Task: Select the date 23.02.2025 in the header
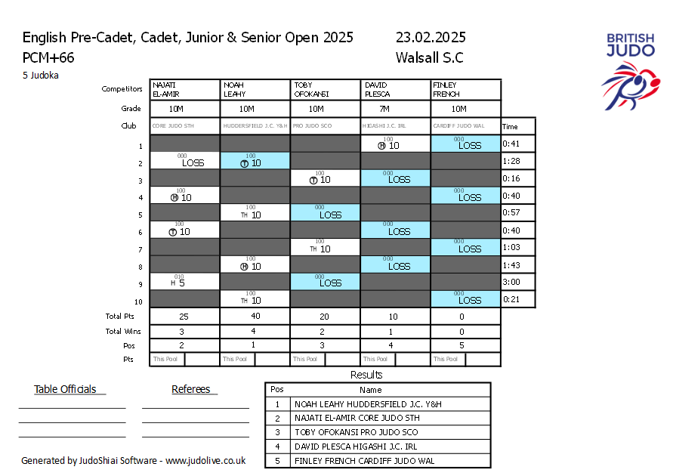coord(430,38)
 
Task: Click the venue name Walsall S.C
coord(429,57)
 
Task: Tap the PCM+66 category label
coord(48,57)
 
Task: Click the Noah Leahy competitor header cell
coord(255,89)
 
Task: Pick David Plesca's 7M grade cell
coord(396,109)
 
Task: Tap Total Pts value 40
coord(255,317)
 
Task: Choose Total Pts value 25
coord(184,317)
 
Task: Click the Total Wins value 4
coord(255,331)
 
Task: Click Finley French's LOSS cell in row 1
coord(466,144)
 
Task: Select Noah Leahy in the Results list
coord(368,404)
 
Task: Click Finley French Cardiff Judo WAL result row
coord(364,460)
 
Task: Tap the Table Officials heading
coord(65,390)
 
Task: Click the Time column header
coord(511,127)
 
